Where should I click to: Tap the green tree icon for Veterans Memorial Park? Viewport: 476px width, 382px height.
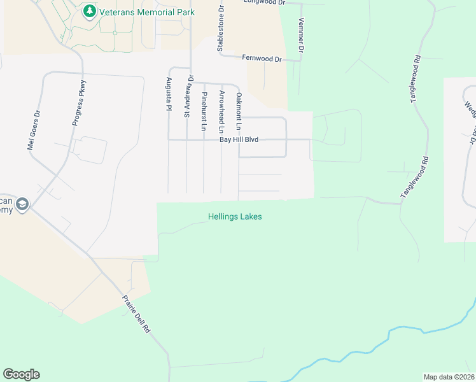[90, 11]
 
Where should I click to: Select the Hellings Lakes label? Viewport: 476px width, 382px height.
[235, 216]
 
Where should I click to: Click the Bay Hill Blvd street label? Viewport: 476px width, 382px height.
[239, 139]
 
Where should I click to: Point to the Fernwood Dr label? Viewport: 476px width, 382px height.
[262, 59]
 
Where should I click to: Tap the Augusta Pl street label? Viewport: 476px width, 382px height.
[169, 94]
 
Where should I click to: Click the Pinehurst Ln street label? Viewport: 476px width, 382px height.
[204, 111]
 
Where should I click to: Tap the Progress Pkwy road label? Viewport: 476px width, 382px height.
[79, 103]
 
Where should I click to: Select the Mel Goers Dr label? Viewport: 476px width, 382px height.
[34, 131]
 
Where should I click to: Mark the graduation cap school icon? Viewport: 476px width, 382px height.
[22, 204]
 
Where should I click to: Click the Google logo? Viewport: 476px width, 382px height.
[21, 374]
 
